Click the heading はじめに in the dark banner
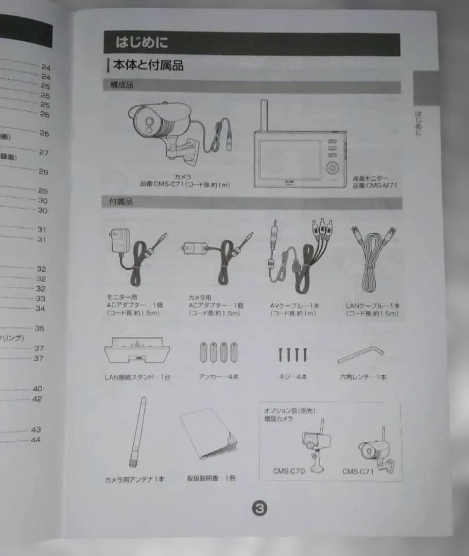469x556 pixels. click(142, 42)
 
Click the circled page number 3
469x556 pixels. click(259, 508)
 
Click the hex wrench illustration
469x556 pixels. click(360, 354)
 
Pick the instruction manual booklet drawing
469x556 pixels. click(209, 434)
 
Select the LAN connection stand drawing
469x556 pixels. click(137, 350)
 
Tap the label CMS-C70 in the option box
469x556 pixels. click(289, 471)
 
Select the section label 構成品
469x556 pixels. click(121, 85)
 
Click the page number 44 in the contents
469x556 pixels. click(35, 440)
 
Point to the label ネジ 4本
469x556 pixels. click(292, 377)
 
